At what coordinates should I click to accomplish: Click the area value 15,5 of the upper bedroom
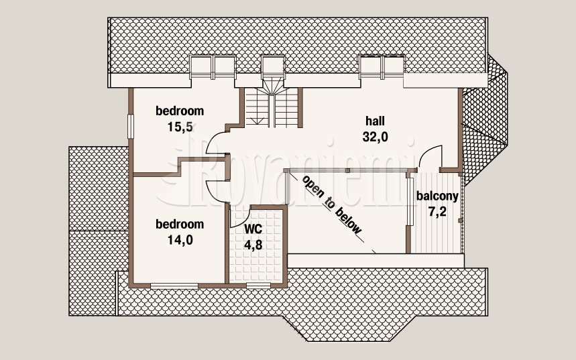180,127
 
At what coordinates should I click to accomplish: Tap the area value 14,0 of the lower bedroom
180,240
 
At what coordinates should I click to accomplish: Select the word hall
375,121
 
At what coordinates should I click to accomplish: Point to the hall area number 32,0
375,137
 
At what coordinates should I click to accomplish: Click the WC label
253,229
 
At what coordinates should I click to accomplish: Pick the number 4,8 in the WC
253,245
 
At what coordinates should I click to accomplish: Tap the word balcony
437,196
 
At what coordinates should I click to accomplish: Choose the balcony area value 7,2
437,212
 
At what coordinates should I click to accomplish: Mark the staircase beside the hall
272,107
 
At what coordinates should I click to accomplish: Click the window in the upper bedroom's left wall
130,126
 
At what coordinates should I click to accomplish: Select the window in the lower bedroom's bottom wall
174,286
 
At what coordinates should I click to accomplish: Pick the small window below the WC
259,286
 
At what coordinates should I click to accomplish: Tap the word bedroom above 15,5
180,111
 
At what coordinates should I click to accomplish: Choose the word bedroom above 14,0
180,224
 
